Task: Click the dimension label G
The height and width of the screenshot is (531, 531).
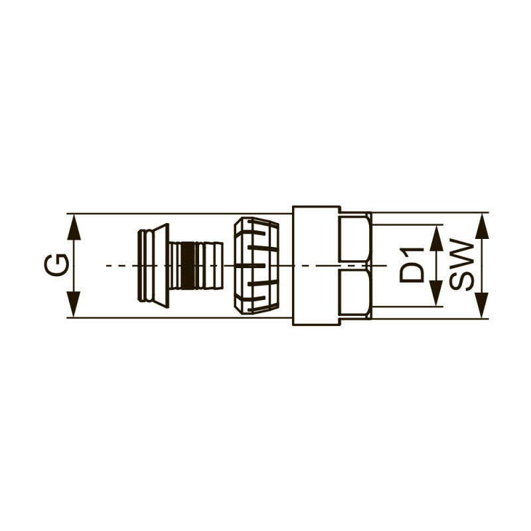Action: [56, 265]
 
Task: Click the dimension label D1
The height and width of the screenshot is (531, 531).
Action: [412, 265]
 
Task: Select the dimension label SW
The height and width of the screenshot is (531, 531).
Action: [462, 265]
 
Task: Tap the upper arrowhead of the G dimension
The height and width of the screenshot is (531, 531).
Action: [74, 226]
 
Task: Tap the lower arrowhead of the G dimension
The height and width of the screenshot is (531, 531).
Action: [74, 305]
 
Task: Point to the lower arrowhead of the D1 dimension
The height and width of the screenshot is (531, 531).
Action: [436, 293]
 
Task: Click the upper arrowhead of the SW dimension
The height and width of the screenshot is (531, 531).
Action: [483, 226]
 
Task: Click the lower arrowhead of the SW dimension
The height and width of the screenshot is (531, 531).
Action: [483, 305]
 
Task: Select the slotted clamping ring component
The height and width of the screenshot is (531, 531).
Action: [256, 265]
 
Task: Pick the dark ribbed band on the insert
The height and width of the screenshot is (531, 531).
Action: [189, 265]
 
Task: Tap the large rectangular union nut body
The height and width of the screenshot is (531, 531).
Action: [316, 265]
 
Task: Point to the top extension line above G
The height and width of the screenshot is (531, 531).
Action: [179, 214]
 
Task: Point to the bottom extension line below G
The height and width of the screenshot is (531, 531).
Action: [179, 318]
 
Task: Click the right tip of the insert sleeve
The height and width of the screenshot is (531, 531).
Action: [220, 265]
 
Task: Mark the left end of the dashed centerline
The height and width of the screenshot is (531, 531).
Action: [108, 265]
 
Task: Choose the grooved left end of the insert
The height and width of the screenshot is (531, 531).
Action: [142, 265]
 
